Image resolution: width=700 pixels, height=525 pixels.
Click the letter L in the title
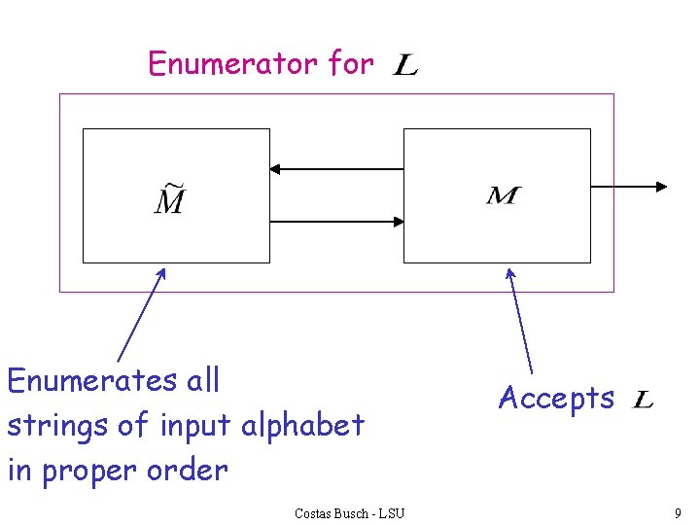pyautogui.click(x=405, y=66)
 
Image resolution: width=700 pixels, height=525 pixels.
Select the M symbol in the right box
pyautogui.click(x=503, y=196)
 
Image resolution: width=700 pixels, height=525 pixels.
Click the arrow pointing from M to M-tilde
pyautogui.click(x=336, y=169)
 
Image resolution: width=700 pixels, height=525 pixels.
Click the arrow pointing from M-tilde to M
pyautogui.click(x=336, y=222)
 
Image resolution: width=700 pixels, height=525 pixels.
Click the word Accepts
pyautogui.click(x=556, y=398)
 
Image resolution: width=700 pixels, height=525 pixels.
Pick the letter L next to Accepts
pyautogui.click(x=643, y=400)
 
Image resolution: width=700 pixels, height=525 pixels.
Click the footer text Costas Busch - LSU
pyautogui.click(x=349, y=512)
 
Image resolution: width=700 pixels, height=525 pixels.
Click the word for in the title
pyautogui.click(x=351, y=64)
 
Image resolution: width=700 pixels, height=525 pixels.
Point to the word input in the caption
pyautogui.click(x=196, y=425)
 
